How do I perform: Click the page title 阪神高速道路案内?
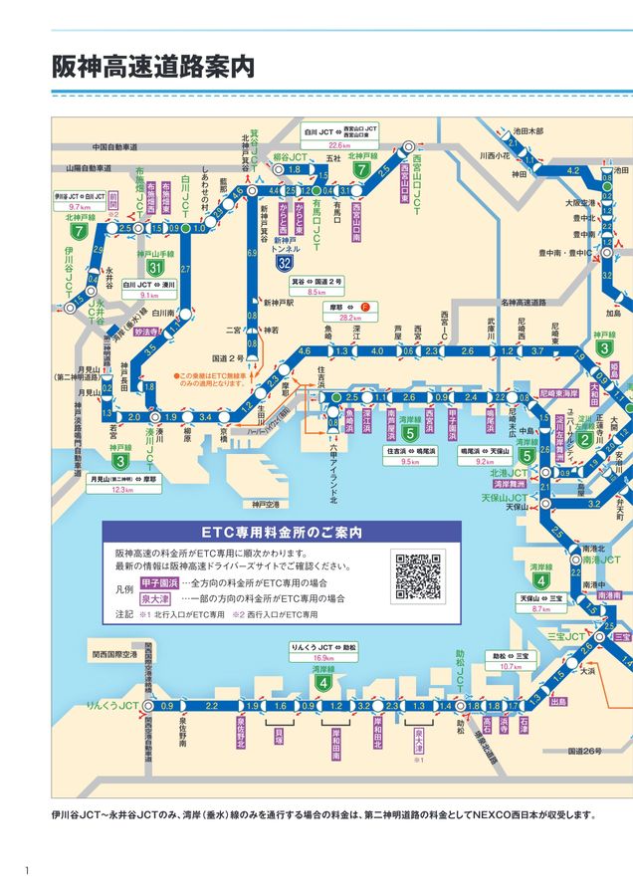[153, 66]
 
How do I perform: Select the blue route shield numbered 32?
[286, 263]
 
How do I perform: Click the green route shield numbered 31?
[153, 268]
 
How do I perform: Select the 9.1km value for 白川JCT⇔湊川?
[149, 296]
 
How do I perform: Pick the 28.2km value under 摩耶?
[349, 319]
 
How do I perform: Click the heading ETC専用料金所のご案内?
[282, 532]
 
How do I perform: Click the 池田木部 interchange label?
[528, 130]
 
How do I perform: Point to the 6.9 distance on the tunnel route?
[252, 255]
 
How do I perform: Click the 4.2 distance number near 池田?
[571, 171]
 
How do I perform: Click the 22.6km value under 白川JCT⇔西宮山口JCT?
[340, 144]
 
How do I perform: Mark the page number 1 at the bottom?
[28, 871]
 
